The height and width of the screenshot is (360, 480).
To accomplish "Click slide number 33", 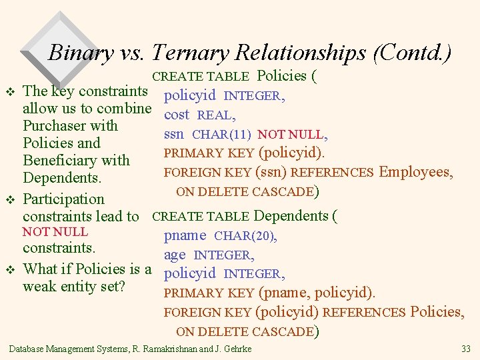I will [465, 349].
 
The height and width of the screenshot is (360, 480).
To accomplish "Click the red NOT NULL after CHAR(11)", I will [291, 135].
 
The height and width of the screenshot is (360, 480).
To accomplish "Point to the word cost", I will [177, 115].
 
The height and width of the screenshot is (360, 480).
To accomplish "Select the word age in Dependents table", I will [175, 255].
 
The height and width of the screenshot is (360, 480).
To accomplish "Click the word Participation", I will [64, 199].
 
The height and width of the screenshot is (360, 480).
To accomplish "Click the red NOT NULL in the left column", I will [55, 232].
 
